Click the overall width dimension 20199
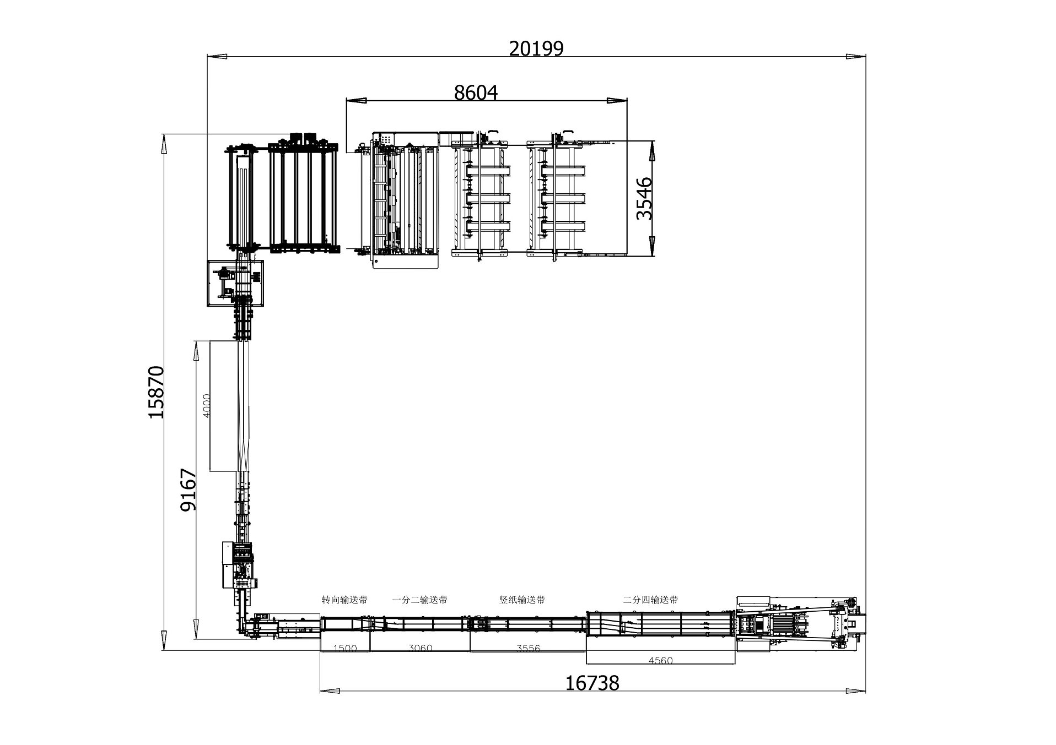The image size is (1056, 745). point(536,49)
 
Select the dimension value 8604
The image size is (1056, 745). point(476,93)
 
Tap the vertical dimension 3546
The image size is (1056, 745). point(644,198)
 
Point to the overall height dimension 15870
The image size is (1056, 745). point(156,391)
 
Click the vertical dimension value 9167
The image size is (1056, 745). point(188,490)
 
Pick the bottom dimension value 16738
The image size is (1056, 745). point(592,683)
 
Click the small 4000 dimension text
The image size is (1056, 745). point(207,406)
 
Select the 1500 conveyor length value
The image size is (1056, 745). point(345,649)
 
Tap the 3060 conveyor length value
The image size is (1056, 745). point(420,649)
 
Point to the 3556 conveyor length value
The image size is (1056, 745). point(528,649)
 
